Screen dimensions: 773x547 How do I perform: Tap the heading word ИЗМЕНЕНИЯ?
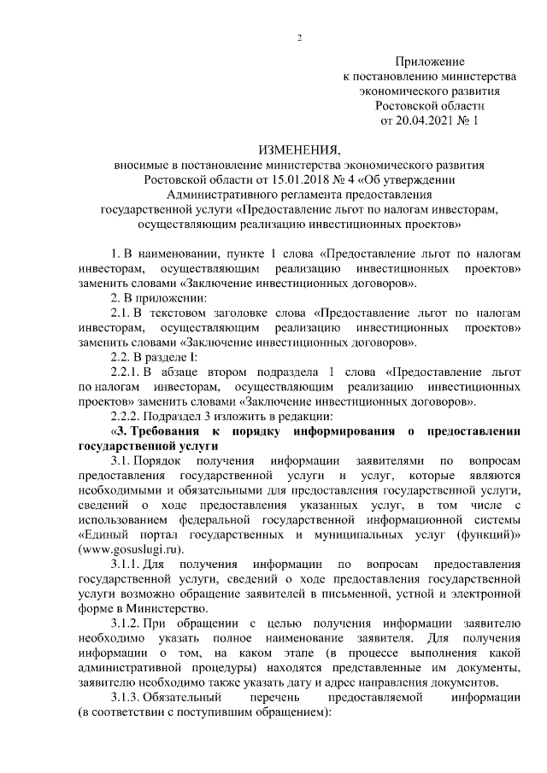tap(299, 149)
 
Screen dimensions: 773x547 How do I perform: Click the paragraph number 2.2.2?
tap(129, 417)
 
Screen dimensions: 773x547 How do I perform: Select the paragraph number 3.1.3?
tap(128, 698)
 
